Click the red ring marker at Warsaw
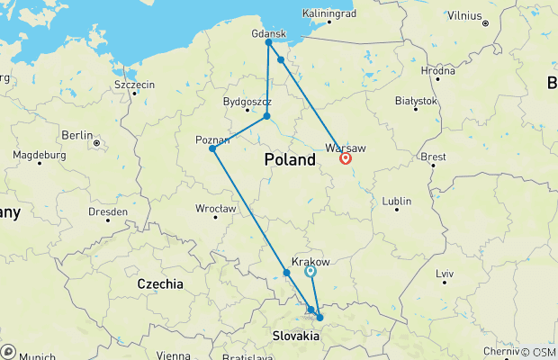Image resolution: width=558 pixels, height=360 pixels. pos(346,158)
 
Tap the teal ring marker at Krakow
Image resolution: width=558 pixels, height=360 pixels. pos(310,270)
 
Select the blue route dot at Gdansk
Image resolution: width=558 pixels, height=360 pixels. pos(268,42)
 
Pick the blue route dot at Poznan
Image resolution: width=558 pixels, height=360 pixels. pos(212,148)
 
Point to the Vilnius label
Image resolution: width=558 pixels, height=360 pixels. pos(466,14)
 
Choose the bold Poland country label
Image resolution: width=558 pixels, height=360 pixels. pos(290,160)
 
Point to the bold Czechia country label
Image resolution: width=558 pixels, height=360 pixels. pos(160,283)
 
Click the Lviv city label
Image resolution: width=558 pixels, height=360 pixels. pos(445,273)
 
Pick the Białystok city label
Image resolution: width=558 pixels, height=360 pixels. pos(416,103)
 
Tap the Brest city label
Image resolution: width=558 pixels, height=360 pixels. pos(434,157)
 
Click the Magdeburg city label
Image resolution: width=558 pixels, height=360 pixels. pos(40,156)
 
